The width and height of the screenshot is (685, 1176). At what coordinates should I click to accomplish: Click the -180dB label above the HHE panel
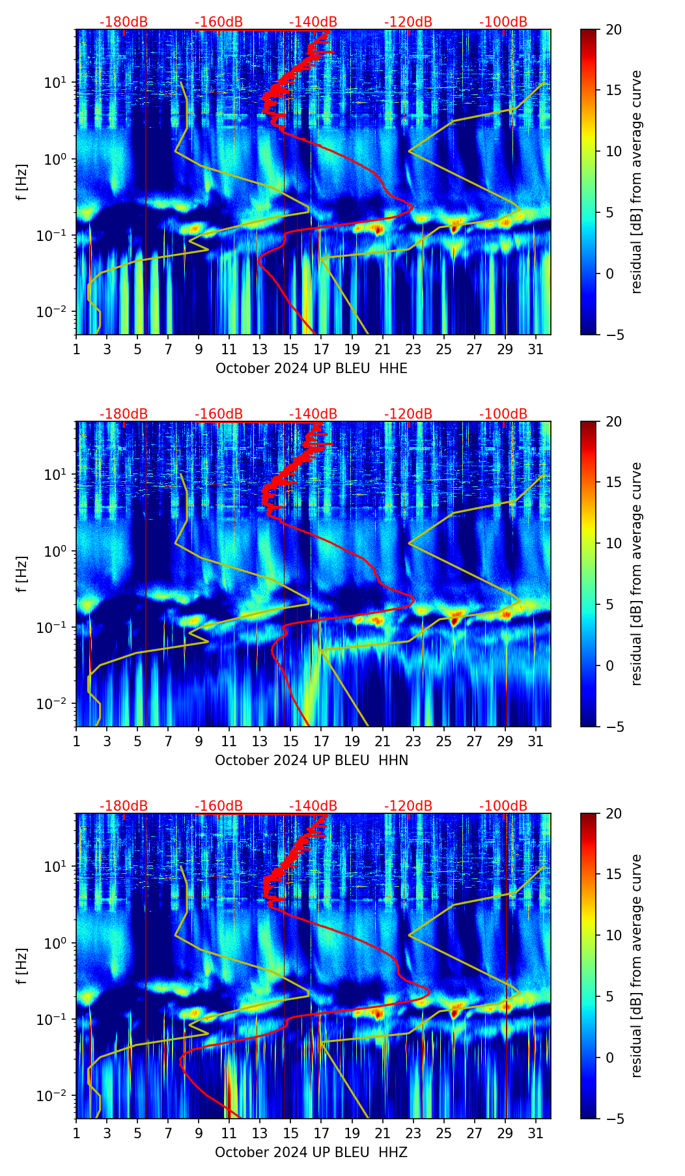tap(124, 22)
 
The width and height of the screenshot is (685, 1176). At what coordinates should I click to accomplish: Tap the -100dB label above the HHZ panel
tap(503, 806)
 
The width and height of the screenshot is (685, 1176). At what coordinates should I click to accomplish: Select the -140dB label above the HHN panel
tap(313, 414)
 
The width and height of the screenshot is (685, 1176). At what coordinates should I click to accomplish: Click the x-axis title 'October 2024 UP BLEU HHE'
tap(311, 369)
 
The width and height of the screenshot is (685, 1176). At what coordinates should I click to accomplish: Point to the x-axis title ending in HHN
tap(311, 761)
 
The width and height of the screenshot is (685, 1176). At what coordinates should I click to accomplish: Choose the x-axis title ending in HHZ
tap(311, 1153)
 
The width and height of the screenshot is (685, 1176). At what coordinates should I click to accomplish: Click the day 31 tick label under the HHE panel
tap(536, 349)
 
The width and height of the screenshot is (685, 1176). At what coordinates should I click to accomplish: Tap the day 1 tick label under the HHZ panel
tap(76, 1133)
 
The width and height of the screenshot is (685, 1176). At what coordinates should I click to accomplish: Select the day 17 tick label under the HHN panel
tap(322, 741)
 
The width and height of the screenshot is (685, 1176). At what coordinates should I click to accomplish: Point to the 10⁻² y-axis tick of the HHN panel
tap(58, 704)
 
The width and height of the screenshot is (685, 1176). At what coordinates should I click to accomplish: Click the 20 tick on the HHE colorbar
tap(614, 29)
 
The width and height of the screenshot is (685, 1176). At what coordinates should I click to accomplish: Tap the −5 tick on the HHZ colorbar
tap(614, 1119)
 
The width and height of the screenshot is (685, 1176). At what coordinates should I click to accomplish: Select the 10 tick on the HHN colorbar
tap(614, 543)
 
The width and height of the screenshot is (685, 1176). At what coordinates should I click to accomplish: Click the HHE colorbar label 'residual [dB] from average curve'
tap(636, 182)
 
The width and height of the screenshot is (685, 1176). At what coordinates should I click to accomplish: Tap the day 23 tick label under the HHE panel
tap(413, 349)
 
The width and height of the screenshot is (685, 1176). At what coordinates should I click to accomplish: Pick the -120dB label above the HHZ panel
tap(408, 806)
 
